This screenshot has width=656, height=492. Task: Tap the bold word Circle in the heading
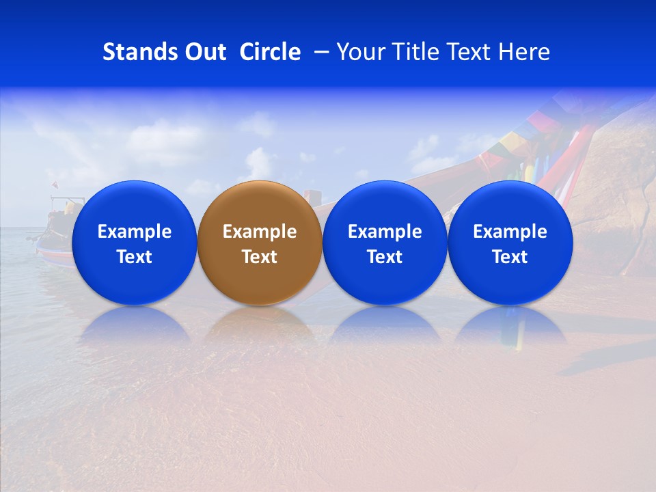270,52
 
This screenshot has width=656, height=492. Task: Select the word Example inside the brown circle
260,232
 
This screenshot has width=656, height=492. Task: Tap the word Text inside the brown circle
260,257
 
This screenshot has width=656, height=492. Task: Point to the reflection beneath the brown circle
260,324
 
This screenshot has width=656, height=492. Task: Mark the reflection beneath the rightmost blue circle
510,324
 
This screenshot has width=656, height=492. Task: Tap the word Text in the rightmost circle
510,257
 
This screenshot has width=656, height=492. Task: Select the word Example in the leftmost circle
134,232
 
